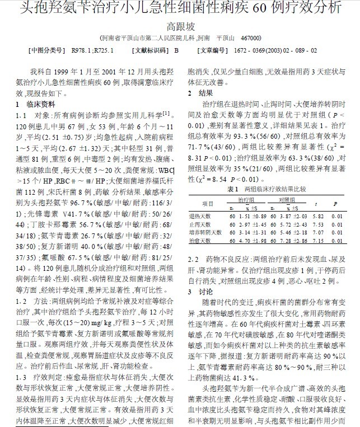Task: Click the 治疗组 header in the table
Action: point(246,199)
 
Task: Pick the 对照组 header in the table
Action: point(286,199)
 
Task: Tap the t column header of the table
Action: point(317,204)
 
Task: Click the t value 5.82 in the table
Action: point(317,216)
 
